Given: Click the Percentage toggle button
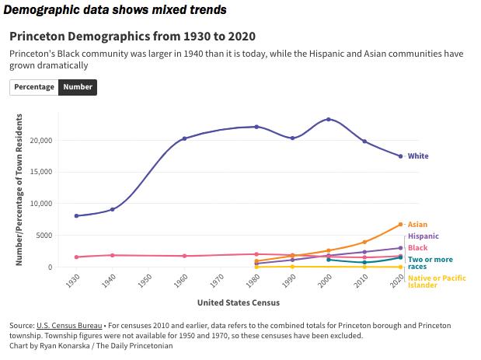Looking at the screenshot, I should (34, 87).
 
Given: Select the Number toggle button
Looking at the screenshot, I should (78, 87).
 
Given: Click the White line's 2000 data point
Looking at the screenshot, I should (329, 119).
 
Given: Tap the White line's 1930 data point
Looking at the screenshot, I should (76, 216).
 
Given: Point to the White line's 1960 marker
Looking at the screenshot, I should (184, 138).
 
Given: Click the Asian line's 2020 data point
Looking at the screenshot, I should (401, 225).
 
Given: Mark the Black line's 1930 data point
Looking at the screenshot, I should (76, 257).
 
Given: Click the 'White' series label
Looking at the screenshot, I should (418, 156).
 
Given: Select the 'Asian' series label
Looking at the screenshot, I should (417, 225).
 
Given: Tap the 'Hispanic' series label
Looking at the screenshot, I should (423, 236).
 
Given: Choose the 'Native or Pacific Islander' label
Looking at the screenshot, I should (427, 281).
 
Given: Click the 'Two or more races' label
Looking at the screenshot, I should (430, 263).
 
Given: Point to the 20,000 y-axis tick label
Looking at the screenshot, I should (40, 141).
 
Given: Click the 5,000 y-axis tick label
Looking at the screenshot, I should (44, 236).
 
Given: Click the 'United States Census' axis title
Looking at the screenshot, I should (238, 302).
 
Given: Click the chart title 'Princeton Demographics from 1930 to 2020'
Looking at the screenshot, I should (132, 37).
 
